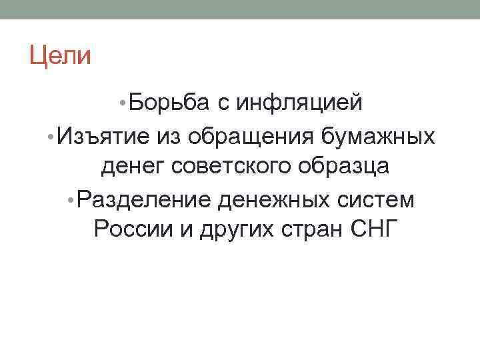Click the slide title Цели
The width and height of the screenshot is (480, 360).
59,55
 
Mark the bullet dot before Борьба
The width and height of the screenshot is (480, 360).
121,103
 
